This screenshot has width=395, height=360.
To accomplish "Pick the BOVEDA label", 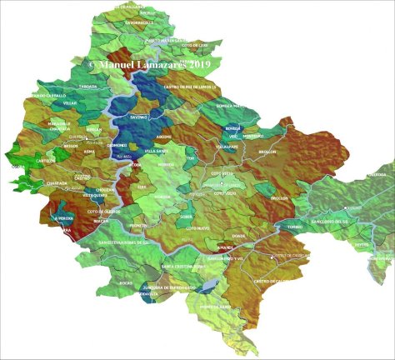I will tap(232, 128).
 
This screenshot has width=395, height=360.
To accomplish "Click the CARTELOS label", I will tap(47, 160).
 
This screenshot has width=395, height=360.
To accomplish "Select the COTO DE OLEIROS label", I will tap(103, 212).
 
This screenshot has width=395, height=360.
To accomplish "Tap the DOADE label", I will tap(238, 236).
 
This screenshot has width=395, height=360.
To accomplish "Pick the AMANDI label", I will tap(225, 247).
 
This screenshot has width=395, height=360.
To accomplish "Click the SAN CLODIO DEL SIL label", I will tap(328, 222).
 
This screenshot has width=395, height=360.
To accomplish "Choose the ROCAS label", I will tap(126, 283).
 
